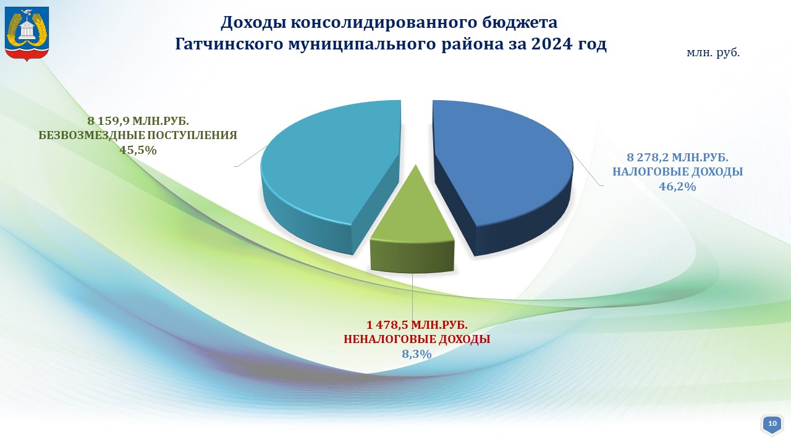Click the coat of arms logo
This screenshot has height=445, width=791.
(27, 34)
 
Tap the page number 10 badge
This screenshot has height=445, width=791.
(772, 423)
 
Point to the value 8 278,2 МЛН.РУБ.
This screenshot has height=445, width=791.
(678, 157)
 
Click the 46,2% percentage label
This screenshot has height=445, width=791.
(677, 187)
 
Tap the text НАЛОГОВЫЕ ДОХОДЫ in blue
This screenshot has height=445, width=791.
(678, 172)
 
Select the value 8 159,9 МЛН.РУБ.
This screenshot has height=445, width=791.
(138, 121)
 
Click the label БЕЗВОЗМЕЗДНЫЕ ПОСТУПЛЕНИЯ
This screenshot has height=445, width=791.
(138, 135)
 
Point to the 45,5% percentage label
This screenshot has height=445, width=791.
(138, 150)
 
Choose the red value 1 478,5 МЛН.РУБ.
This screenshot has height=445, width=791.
(417, 324)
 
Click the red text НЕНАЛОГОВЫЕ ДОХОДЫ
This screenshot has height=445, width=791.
(417, 339)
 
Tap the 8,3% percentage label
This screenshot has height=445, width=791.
(417, 354)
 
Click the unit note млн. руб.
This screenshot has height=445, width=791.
(713, 53)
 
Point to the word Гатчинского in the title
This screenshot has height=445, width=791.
(229, 44)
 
